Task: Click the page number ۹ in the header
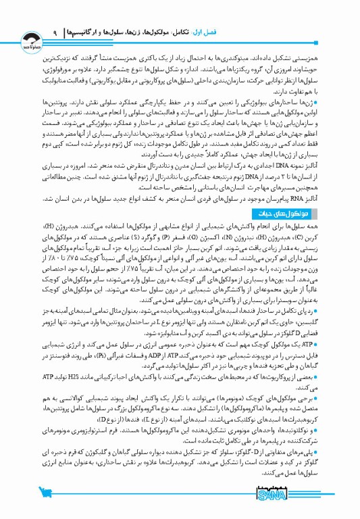click(x=53, y=32)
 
